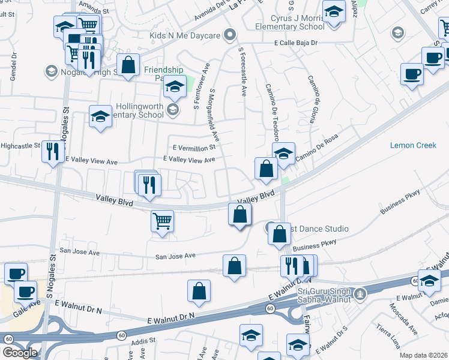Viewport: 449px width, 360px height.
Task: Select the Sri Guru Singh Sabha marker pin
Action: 360,293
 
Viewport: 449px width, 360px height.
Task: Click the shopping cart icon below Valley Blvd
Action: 162,220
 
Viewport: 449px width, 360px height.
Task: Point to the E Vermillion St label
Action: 193,148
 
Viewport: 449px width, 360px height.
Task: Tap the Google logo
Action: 19,352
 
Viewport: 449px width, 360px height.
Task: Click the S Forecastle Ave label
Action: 242,72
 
